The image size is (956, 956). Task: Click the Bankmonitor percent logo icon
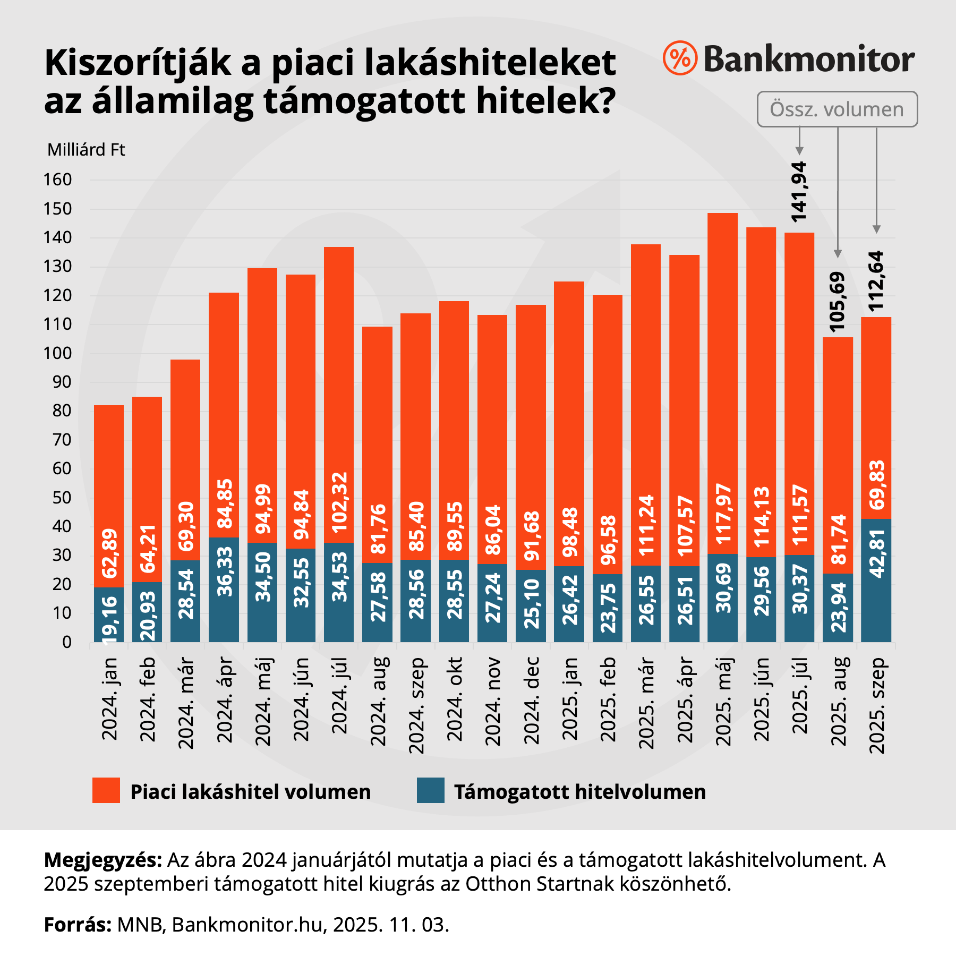(680, 58)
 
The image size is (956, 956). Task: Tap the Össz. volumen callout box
(837, 109)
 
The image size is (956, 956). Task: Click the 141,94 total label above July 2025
(799, 191)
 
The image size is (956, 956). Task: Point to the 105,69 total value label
(838, 302)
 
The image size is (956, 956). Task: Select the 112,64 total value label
(876, 281)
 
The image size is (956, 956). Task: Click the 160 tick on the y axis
(57, 180)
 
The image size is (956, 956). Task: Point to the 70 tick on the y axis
(62, 440)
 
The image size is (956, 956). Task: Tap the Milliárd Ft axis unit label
(86, 150)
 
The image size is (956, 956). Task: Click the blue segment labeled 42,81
(876, 580)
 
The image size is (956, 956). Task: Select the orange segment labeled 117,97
(722, 382)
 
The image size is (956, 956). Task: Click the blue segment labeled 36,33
(224, 590)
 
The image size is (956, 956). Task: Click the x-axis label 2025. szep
(876, 705)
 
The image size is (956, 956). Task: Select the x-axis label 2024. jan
(109, 698)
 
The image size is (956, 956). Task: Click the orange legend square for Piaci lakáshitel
(106, 790)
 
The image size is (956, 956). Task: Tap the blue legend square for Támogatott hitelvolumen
(430, 790)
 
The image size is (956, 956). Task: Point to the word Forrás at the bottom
(78, 925)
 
